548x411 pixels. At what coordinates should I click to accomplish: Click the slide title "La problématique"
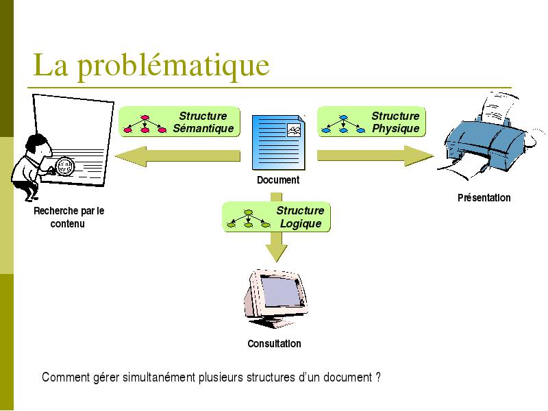pyautogui.click(x=151, y=65)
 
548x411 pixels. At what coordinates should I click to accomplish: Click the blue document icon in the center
pyautogui.click(x=279, y=142)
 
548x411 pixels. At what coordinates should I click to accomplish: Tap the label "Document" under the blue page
pyautogui.click(x=278, y=180)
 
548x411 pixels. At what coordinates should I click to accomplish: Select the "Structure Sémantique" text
pyautogui.click(x=203, y=122)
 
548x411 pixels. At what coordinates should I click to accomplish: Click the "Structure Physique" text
pyautogui.click(x=395, y=122)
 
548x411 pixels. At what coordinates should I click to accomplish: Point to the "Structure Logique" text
pyautogui.click(x=300, y=216)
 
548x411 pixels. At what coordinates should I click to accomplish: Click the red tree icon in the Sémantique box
pyautogui.click(x=145, y=125)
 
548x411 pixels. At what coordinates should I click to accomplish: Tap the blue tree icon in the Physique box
pyautogui.click(x=343, y=125)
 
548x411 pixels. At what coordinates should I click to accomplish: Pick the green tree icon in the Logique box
pyautogui.click(x=248, y=219)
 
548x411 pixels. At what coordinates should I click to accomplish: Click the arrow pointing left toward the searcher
pyautogui.click(x=177, y=156)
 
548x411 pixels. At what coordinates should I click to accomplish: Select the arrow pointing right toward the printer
pyautogui.click(x=375, y=156)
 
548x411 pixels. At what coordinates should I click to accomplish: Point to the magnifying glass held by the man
pyautogui.click(x=65, y=166)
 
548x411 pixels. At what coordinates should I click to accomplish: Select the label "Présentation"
pyautogui.click(x=484, y=198)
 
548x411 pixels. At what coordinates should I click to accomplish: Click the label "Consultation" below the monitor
pyautogui.click(x=275, y=344)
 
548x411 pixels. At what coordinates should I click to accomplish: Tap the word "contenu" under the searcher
pyautogui.click(x=67, y=224)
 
